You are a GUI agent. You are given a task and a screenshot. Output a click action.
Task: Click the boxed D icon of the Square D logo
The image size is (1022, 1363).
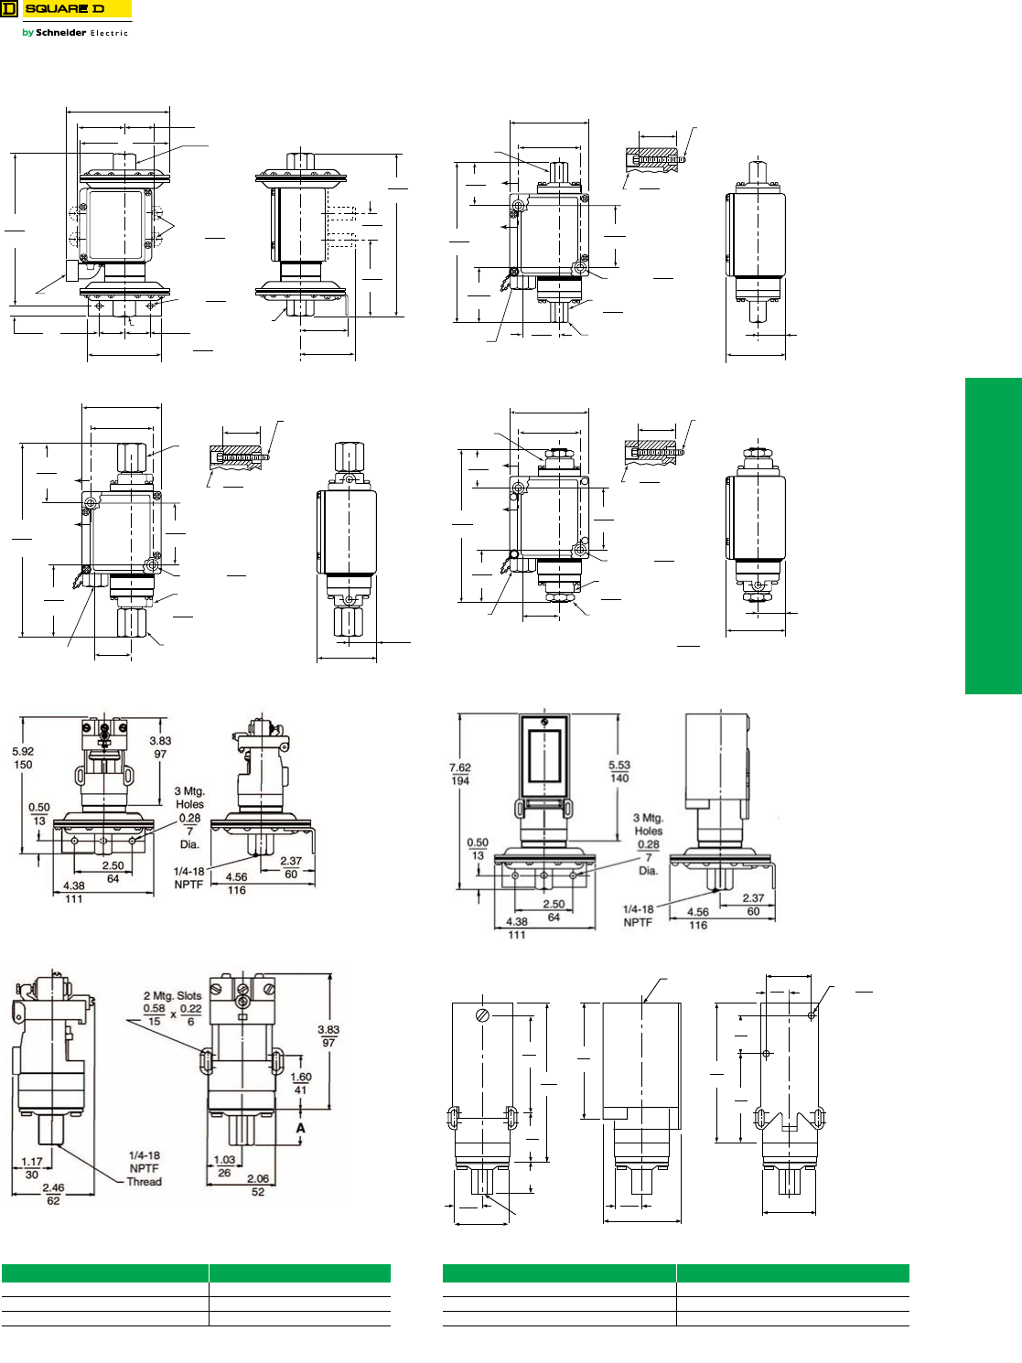[x=9, y=9]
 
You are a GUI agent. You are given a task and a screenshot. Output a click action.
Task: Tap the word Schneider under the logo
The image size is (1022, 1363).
[x=61, y=32]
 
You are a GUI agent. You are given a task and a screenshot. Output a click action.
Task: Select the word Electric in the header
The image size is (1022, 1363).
[x=109, y=33]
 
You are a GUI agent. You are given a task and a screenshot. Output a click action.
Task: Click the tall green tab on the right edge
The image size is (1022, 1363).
[x=993, y=535]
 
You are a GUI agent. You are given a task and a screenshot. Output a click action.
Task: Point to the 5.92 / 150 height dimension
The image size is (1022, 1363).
[x=23, y=757]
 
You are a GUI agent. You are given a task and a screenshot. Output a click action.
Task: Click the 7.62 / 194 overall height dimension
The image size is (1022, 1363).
[x=460, y=774]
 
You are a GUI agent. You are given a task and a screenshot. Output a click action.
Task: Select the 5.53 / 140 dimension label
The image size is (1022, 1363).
[x=619, y=771]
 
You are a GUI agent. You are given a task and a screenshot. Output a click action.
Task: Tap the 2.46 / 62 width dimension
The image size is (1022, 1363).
[x=53, y=1194]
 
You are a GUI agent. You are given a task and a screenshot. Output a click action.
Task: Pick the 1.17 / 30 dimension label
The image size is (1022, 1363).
[x=32, y=1167]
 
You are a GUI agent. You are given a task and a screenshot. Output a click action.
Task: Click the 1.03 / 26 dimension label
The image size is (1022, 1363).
[x=224, y=1165]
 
